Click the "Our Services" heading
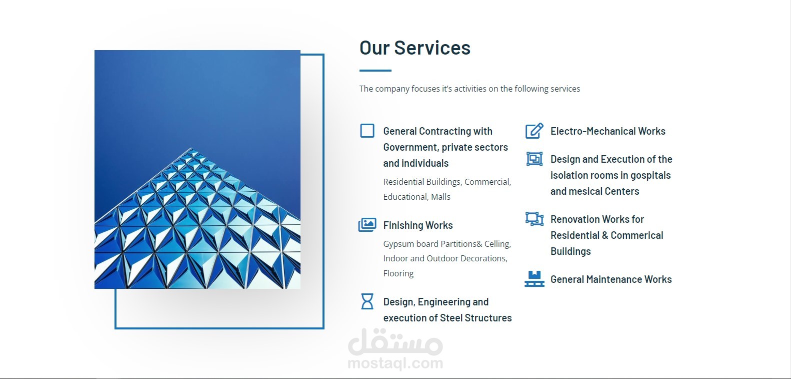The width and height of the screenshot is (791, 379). [415, 48]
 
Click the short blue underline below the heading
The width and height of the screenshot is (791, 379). [375, 71]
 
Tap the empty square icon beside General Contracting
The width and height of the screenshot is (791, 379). [367, 131]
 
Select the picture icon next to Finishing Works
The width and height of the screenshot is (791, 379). [367, 225]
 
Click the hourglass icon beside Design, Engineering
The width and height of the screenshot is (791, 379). [367, 301]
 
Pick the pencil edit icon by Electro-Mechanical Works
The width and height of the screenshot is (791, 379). [534, 131]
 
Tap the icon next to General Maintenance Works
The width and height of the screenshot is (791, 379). [534, 279]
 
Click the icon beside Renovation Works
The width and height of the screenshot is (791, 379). [534, 219]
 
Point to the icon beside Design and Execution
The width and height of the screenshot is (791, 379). [534, 159]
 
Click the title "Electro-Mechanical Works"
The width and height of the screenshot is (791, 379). [607, 131]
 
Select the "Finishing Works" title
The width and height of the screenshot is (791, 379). [417, 225]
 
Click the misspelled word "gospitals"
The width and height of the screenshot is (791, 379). [650, 175]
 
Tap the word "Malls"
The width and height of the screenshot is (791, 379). [440, 197]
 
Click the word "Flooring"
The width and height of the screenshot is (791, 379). [398, 273]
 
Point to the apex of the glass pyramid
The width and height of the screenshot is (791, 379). [191, 148]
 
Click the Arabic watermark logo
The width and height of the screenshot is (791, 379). [395, 342]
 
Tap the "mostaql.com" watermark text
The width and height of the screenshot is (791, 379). [395, 363]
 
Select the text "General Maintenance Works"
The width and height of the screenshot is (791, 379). [611, 279]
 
